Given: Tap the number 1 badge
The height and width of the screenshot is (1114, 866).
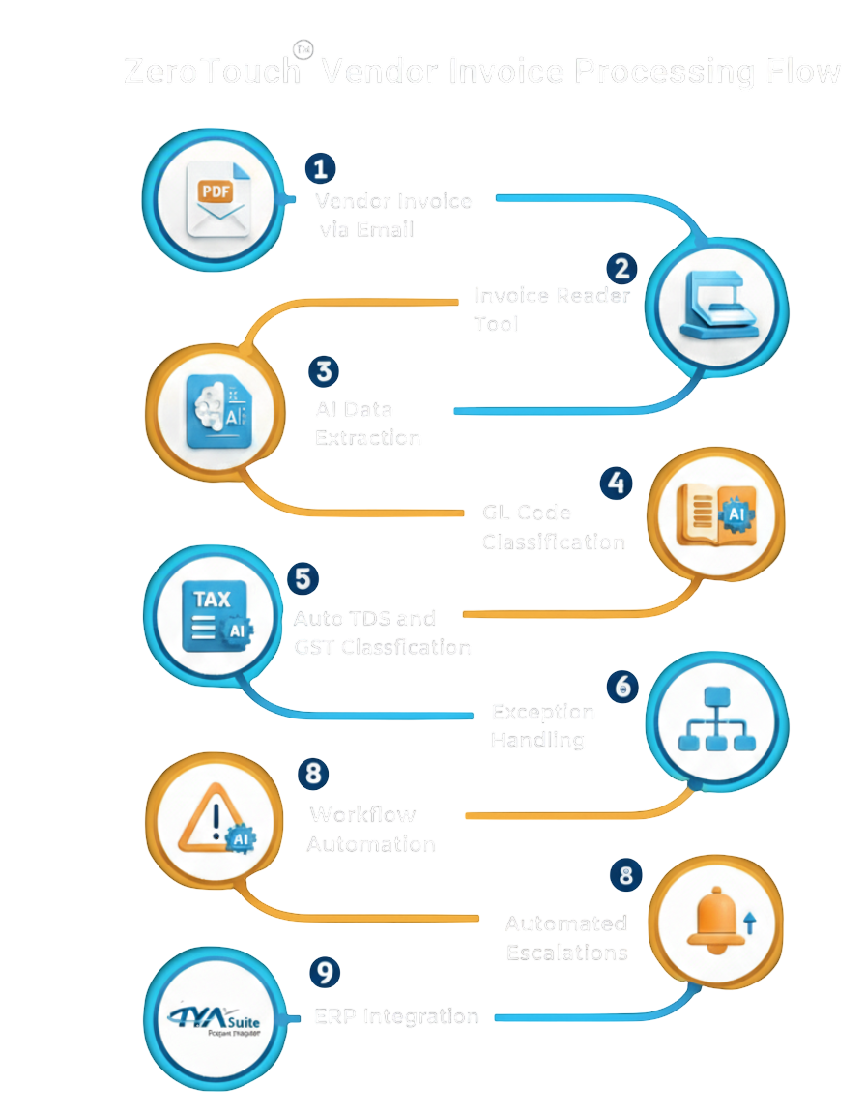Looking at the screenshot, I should point(320,168).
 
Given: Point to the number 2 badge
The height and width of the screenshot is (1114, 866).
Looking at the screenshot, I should point(621,268).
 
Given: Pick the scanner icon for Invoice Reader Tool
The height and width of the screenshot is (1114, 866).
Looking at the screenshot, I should point(715,308).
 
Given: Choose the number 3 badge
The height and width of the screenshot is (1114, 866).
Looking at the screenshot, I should point(324,371).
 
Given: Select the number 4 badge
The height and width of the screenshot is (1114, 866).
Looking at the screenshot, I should point(616,483).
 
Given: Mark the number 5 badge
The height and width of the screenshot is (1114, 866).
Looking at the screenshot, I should point(303,579).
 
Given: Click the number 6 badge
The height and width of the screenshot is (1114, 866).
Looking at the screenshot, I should point(622,686).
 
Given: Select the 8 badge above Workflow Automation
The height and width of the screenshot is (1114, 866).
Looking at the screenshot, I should point(313,774).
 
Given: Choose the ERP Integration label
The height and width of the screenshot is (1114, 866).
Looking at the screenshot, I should point(396,1016).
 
